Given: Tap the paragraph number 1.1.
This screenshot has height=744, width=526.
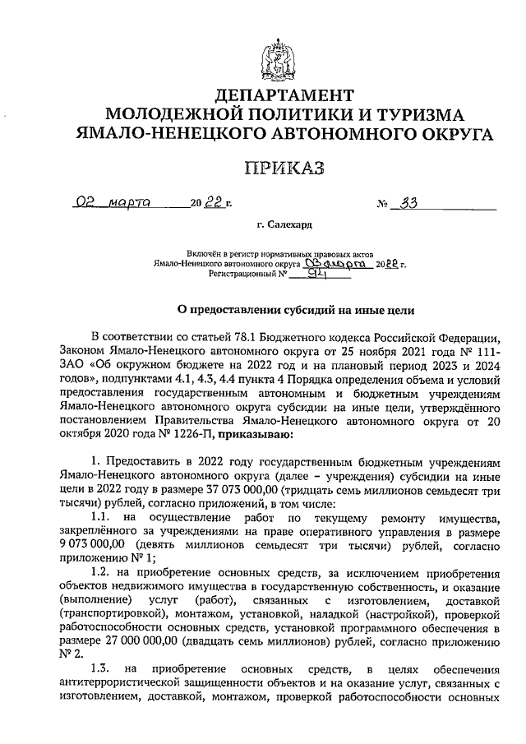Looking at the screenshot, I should pyautogui.click(x=101, y=517).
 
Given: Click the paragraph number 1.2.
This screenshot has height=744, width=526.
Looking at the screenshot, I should pyautogui.click(x=101, y=575).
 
